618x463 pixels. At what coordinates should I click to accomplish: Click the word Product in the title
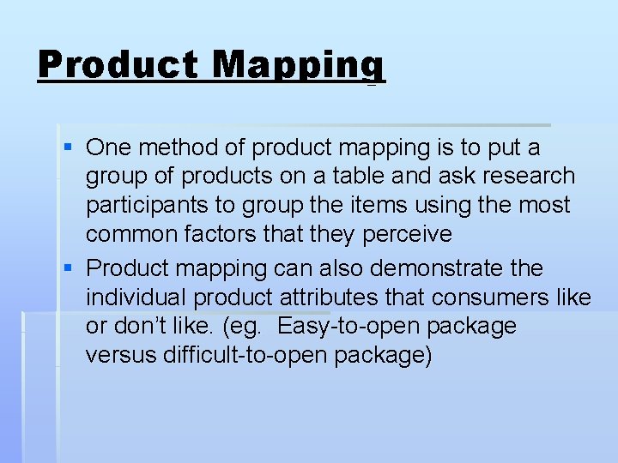pos(119,65)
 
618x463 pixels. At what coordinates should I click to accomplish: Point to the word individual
pos(136,298)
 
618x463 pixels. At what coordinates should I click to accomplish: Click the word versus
pos(119,356)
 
